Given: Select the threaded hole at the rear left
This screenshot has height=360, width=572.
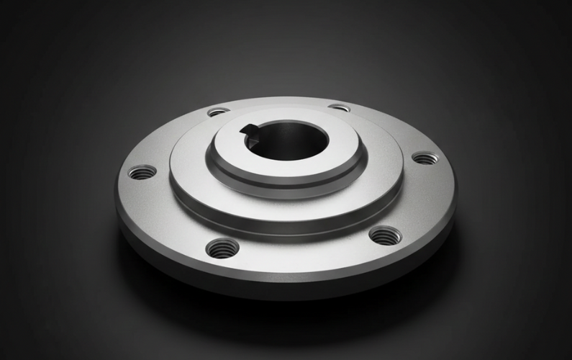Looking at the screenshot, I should point(217,112).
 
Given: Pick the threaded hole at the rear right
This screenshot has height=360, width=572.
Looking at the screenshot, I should point(339,108).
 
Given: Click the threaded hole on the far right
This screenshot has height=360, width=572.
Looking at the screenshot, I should point(425,158).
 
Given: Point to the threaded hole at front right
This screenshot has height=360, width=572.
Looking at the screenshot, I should point(384,235).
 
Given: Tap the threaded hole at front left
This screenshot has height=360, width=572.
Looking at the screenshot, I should point(222,248).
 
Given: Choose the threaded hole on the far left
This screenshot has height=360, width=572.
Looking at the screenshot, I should point(142,172).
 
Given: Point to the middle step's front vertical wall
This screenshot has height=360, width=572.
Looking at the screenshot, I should point(288,222).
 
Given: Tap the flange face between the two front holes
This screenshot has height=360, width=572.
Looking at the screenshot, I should point(302,252).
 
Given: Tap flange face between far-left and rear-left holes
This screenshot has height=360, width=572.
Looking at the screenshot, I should point(169,137).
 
